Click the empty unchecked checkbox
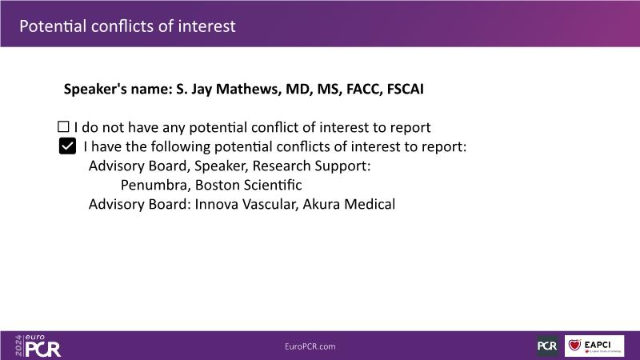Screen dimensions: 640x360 [x=63, y=126]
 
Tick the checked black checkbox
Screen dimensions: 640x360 [x=67, y=146]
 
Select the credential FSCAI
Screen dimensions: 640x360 [x=406, y=89]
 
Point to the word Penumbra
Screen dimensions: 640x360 [x=155, y=185]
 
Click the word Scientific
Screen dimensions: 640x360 [x=273, y=185]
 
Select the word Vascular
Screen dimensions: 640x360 [x=269, y=205]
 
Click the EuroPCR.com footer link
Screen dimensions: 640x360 [x=310, y=346]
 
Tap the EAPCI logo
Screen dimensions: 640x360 [x=594, y=346]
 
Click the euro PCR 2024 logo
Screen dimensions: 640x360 [x=38, y=346]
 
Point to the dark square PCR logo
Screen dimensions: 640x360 [x=547, y=346]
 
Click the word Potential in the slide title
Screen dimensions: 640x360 [x=53, y=26]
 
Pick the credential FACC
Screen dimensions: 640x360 [x=364, y=89]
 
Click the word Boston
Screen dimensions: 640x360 [x=217, y=185]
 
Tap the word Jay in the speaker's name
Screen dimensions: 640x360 [x=202, y=90]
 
